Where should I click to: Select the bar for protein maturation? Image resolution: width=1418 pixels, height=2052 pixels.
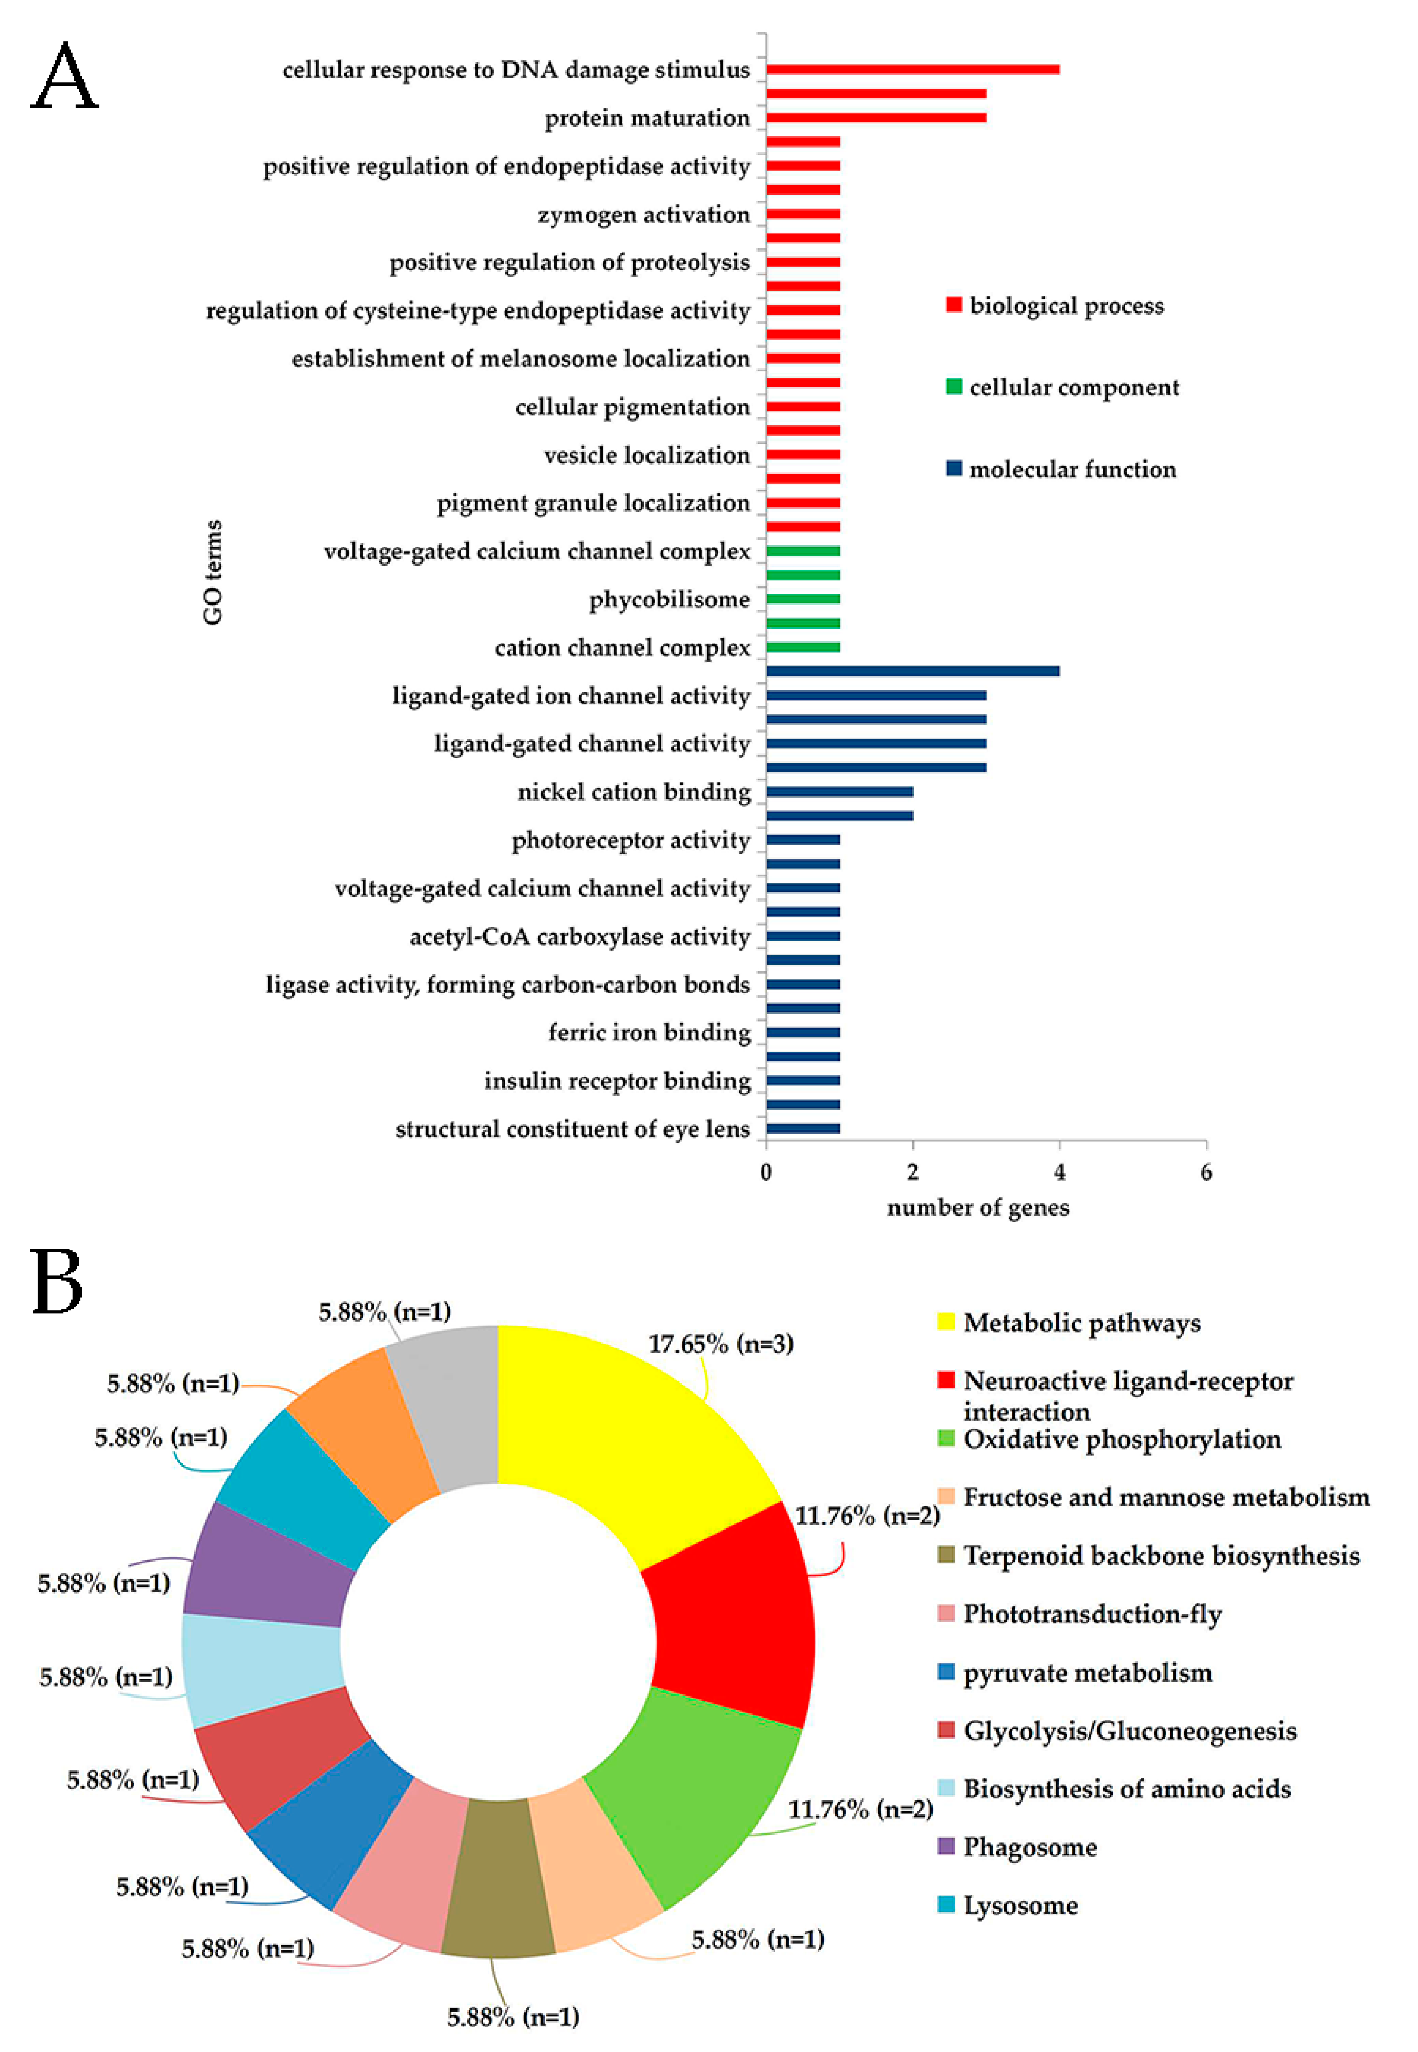[x=875, y=117]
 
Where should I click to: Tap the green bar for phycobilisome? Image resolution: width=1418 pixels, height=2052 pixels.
[x=802, y=599]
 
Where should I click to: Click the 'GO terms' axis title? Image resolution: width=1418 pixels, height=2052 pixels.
[x=213, y=573]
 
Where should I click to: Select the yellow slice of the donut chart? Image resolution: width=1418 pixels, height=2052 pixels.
[x=622, y=1421]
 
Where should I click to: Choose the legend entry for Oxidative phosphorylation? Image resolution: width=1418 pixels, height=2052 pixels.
[x=1121, y=1439]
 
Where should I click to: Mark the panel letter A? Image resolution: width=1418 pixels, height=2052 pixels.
[x=64, y=78]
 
